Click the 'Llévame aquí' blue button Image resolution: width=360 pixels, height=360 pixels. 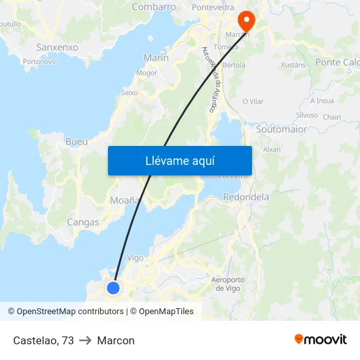tap(179, 160)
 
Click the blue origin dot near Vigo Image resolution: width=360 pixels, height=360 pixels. tap(113, 287)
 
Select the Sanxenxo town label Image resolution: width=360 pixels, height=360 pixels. tap(57, 48)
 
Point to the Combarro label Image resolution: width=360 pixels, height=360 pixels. tap(154, 7)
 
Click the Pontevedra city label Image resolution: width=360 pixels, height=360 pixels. tap(213, 7)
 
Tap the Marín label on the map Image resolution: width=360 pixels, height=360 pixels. tap(156, 58)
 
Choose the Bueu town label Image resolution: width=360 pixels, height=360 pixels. tap(77, 141)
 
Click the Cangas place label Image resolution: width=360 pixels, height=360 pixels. tap(83, 223)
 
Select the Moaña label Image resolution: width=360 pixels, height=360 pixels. tap(124, 200)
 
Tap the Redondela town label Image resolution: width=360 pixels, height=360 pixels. tap(246, 196)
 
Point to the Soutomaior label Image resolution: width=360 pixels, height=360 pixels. tap(281, 130)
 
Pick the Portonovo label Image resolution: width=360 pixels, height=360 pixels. tap(39, 62)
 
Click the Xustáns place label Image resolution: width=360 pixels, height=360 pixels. tap(293, 65)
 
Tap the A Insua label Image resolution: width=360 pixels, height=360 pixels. tap(322, 101)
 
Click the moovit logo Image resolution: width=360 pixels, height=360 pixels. tap(321, 340)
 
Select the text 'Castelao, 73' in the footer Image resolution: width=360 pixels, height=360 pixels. tap(43, 340)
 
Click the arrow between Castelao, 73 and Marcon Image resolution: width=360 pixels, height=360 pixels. tap(86, 340)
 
